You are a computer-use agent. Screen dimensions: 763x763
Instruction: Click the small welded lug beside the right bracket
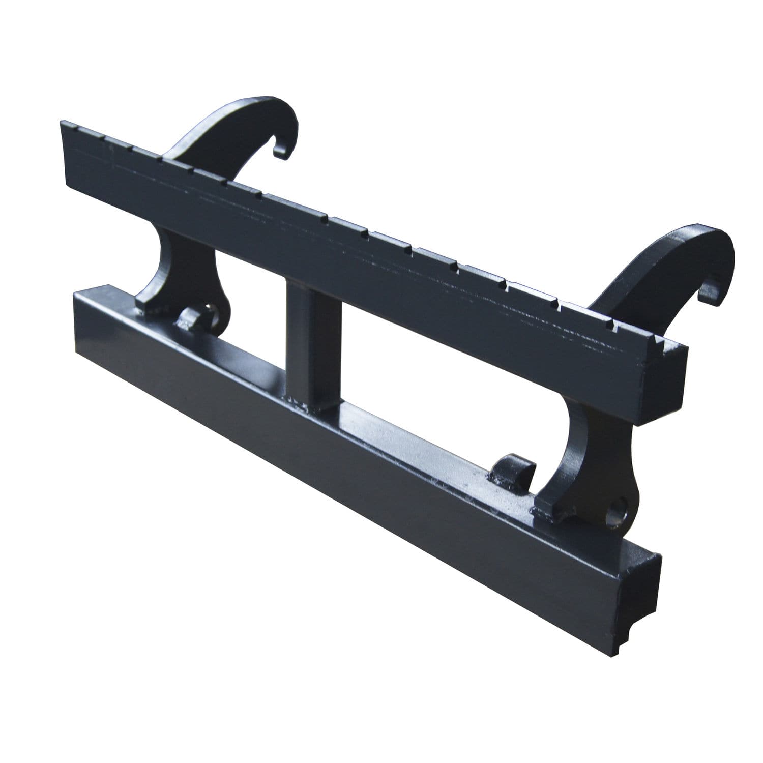509,469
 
